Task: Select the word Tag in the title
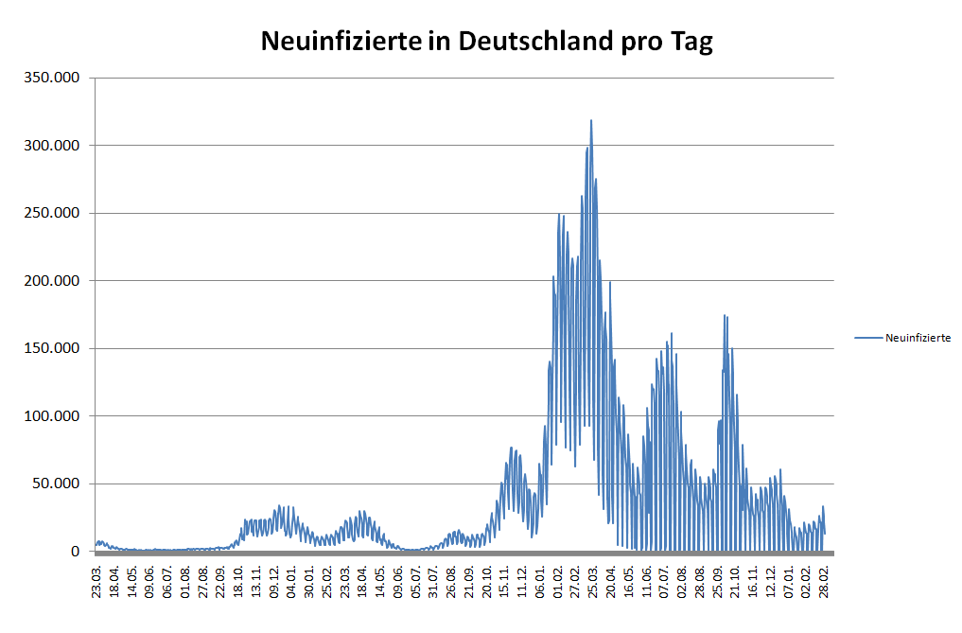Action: click(691, 41)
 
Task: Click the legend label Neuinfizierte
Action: click(918, 338)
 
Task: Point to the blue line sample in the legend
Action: click(867, 338)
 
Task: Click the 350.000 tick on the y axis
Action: click(52, 78)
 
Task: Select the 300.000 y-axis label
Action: click(52, 146)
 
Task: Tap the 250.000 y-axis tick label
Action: click(52, 213)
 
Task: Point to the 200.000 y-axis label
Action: click(52, 281)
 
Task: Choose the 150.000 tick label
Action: click(52, 348)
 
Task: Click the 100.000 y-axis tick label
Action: click(52, 416)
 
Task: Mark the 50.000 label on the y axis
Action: click(56, 484)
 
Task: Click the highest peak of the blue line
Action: click(591, 121)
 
